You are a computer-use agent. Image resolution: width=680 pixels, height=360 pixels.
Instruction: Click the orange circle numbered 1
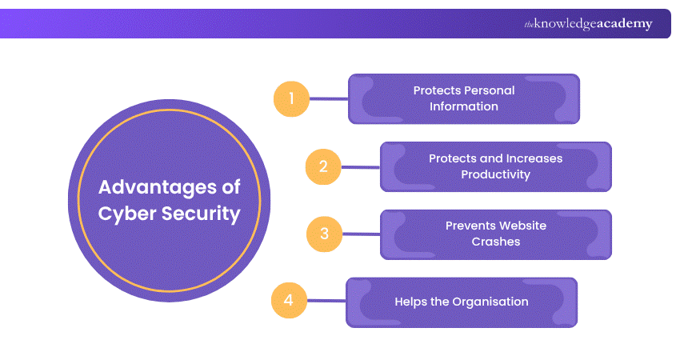tap(291, 99)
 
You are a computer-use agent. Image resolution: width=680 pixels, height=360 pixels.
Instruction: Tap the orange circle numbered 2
tap(323, 166)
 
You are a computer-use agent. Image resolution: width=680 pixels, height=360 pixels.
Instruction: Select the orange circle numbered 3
tap(324, 234)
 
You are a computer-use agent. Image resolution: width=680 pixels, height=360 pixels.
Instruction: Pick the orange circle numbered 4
tap(289, 301)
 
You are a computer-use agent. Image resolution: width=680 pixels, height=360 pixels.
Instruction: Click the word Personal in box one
tap(488, 91)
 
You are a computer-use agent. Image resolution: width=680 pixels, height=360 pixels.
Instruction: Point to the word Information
tap(463, 106)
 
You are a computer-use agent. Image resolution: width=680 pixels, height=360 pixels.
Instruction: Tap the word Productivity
tap(495, 174)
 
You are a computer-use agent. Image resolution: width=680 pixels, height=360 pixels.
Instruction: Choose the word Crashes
tap(495, 241)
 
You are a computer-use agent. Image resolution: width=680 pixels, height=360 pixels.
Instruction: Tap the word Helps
tap(411, 302)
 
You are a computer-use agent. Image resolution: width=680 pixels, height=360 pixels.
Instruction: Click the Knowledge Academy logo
tap(587, 24)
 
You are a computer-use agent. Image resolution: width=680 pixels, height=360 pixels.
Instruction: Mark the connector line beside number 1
tap(328, 99)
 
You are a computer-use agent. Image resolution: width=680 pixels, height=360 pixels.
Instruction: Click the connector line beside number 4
tap(326, 302)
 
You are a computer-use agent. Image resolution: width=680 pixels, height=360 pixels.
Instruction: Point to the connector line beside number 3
tap(360, 234)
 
